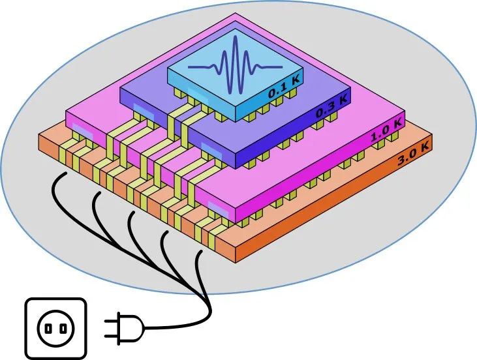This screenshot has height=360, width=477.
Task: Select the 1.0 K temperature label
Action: pyautogui.click(x=385, y=134)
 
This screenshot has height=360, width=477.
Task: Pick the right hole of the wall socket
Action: pyautogui.click(x=65, y=327)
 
